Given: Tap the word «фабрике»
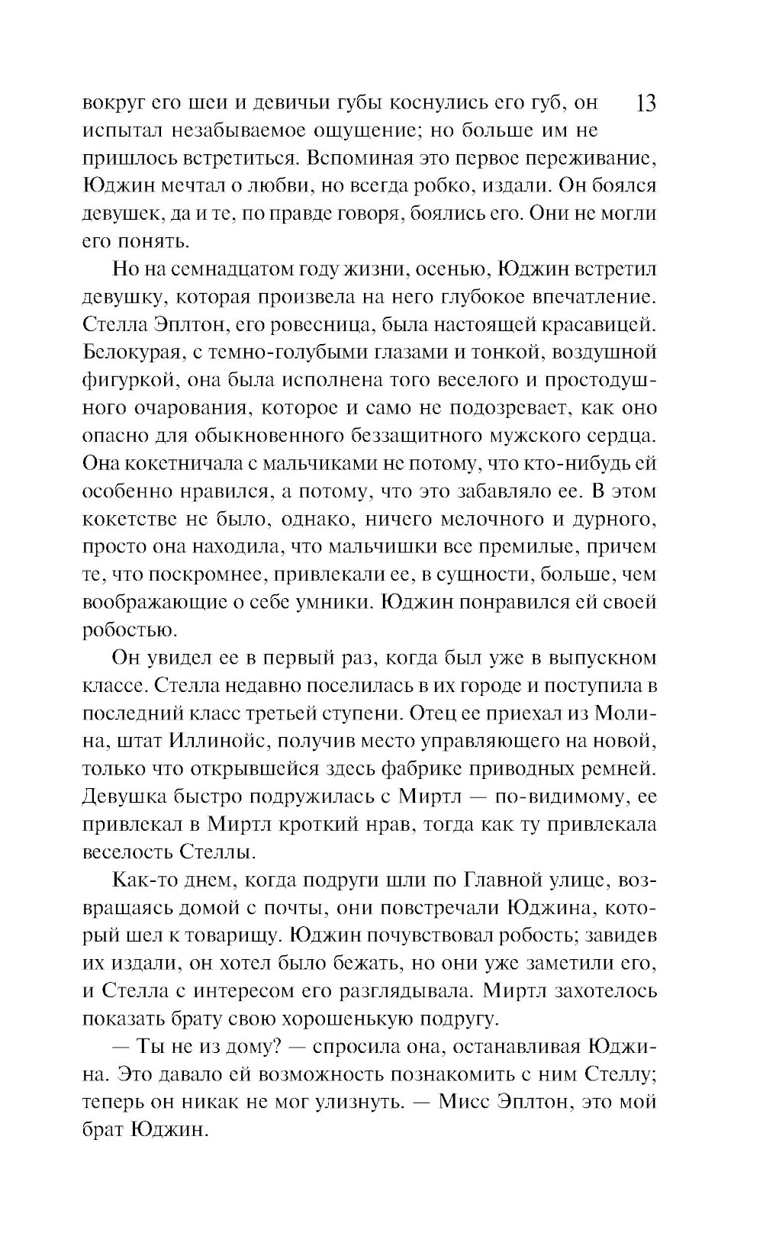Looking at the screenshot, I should coord(426,768).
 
